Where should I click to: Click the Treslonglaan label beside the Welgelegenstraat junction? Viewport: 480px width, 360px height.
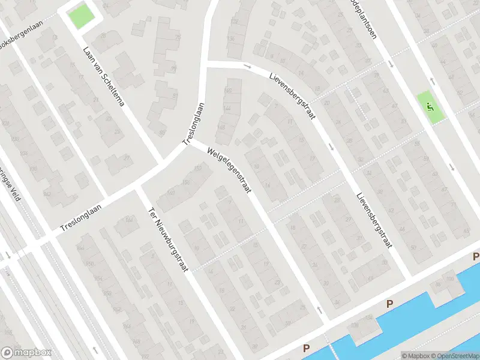pos(193,123)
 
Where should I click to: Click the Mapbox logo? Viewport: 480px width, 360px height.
pos(26,353)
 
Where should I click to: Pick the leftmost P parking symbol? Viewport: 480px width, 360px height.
pos(306,348)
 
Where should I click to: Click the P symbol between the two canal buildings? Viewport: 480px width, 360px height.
pos(389,304)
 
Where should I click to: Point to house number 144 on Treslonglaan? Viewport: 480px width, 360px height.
pos(227,107)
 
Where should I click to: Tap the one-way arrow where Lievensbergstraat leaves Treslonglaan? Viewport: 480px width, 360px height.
pos(247,65)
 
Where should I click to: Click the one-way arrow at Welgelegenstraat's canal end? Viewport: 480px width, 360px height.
pos(318,310)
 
